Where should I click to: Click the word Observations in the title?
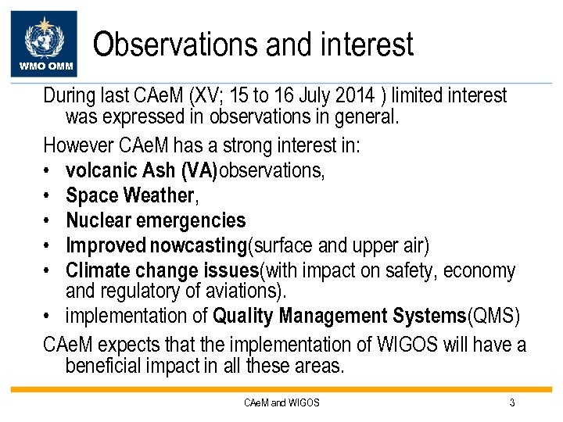177,45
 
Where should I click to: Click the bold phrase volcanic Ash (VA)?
142,171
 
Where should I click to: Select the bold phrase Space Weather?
130,196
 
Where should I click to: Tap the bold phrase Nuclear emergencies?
156,221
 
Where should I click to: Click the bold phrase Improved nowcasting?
156,246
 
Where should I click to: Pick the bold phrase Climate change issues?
162,271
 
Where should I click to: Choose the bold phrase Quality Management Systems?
339,317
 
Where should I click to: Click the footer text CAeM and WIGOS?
281,403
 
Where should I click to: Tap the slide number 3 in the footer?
511,403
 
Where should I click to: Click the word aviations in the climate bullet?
250,291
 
